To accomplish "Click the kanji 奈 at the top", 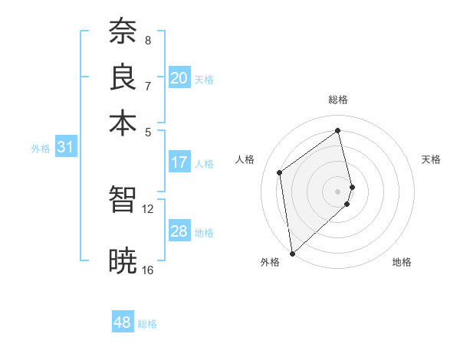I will (123, 32).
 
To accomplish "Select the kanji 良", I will (123, 77).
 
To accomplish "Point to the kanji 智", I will (123, 201).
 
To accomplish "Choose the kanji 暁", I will (123, 260).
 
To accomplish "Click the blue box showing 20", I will (179, 78).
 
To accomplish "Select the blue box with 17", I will (179, 162).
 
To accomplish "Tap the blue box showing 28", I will (179, 231).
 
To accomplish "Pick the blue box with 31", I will (65, 148).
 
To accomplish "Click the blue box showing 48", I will (123, 322).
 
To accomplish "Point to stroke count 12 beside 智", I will (147, 208).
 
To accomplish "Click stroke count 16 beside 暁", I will (147, 270).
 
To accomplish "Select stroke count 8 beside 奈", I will (147, 40).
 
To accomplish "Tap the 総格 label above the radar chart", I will (338, 100).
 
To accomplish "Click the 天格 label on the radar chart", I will (431, 159).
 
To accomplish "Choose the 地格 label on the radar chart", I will (402, 262).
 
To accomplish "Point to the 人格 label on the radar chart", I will (245, 159).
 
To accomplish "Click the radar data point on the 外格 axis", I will (292, 253).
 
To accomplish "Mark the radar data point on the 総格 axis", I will (338, 130).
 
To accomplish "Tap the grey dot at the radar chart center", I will (338, 190).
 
